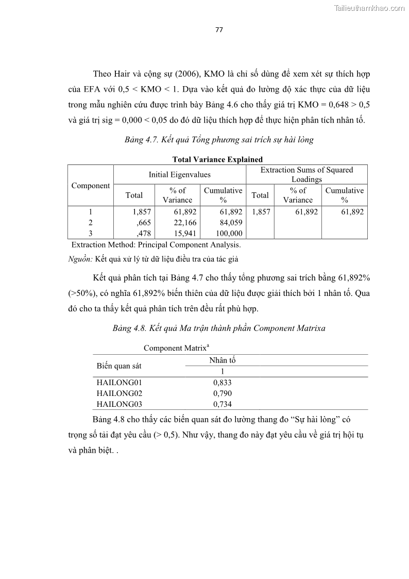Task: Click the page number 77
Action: (219, 29)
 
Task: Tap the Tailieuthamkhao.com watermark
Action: (370, 8)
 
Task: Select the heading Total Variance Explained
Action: (217, 159)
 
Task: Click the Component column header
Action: (91, 186)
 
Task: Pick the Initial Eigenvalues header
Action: (179, 175)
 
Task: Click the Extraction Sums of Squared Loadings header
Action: (306, 174)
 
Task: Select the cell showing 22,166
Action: (180, 223)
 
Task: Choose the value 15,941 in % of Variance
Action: (180, 234)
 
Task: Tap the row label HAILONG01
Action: (119, 383)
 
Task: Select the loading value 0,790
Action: (222, 393)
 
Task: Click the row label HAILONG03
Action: (119, 404)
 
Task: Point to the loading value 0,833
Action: (222, 383)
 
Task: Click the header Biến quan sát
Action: (119, 366)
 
